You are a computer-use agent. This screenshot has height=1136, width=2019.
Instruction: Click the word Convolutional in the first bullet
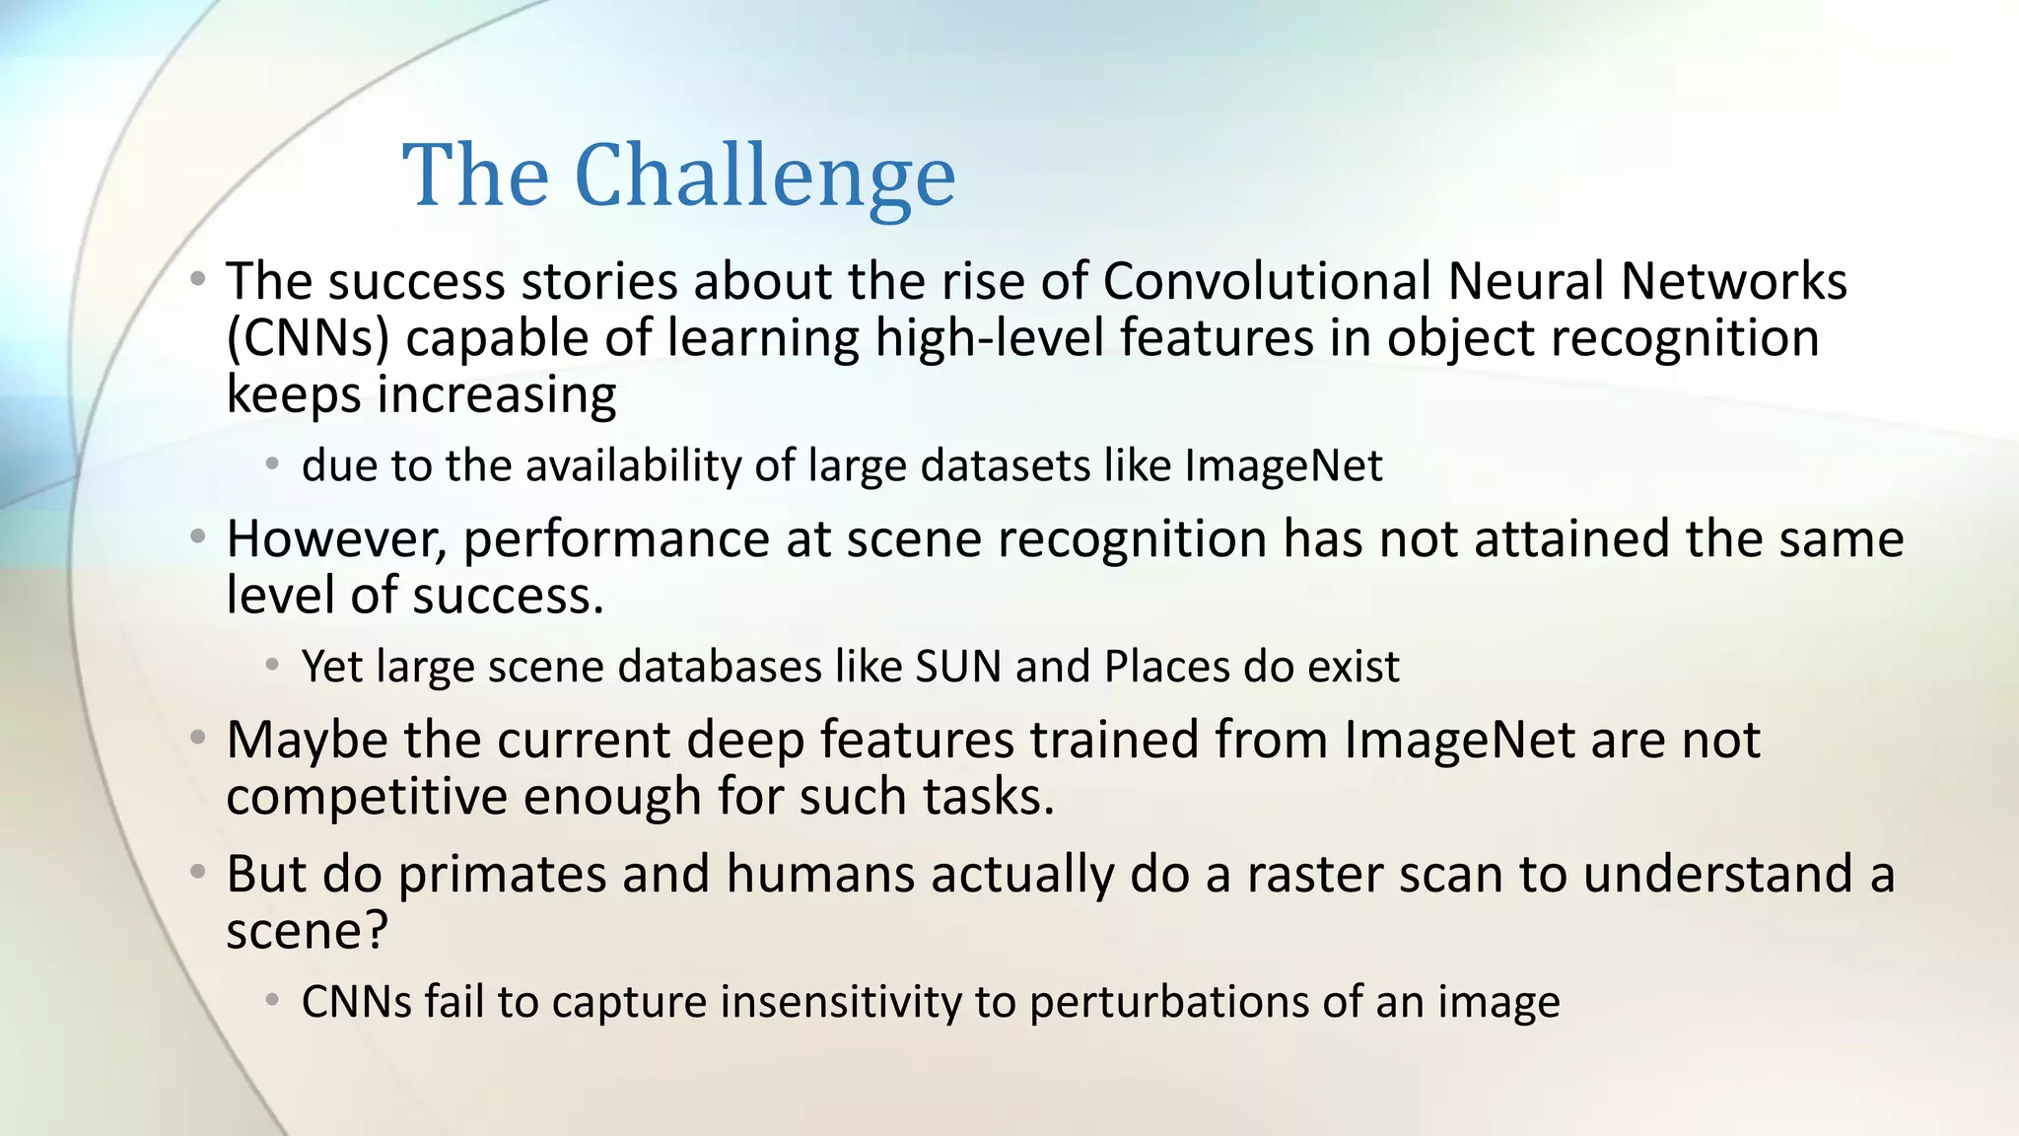point(1267,282)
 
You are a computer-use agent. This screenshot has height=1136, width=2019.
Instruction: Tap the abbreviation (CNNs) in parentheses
point(308,339)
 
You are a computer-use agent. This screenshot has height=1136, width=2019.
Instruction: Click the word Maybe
point(308,741)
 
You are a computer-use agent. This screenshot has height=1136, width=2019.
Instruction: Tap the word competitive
point(366,797)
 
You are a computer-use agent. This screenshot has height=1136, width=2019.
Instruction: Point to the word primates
point(502,876)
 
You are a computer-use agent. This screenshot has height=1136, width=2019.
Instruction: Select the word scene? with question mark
point(308,932)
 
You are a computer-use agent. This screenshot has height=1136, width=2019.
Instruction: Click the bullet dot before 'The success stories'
point(198,280)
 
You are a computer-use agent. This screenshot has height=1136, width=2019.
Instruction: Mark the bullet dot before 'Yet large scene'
point(273,666)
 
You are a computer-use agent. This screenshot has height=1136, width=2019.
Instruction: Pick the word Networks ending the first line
point(1734,282)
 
